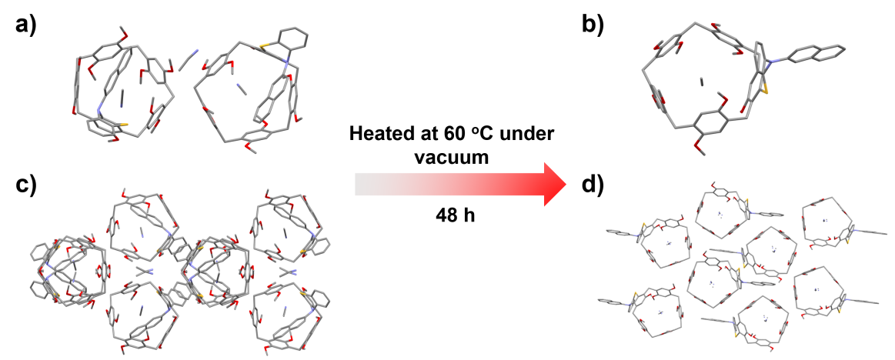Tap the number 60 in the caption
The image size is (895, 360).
(451, 134)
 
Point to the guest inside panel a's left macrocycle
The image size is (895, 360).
(124, 97)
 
